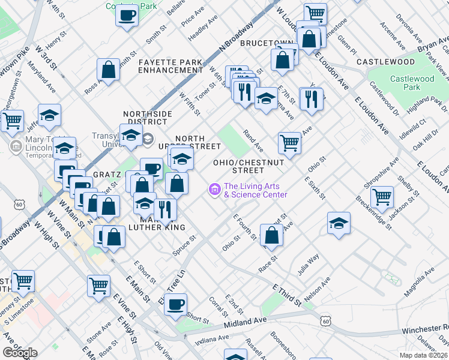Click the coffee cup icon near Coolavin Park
pos(127,15)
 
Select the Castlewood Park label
pos(412,83)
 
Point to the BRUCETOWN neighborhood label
pos(265,44)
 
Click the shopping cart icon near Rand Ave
pos(289,143)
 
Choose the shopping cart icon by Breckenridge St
pos(382,196)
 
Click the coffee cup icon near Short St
pos(175,304)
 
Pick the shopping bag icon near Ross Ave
pos(109,70)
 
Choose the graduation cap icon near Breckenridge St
pos(339,223)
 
